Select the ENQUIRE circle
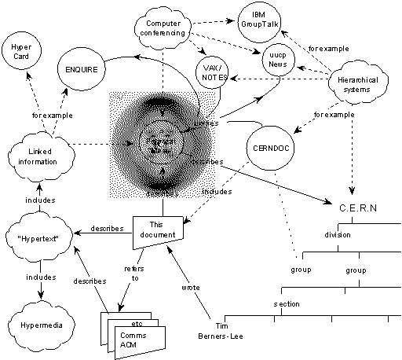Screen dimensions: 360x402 tap(79, 68)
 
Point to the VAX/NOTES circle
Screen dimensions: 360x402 tap(214, 73)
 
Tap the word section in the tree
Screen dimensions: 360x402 tap(287, 303)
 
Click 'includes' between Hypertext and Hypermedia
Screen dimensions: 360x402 tap(39, 277)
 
